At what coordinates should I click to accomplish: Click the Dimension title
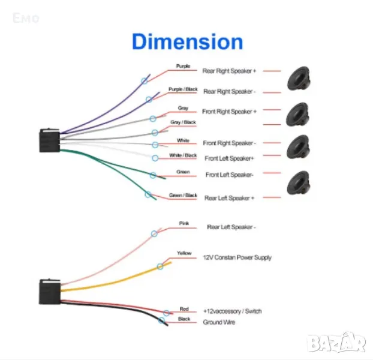[187, 42]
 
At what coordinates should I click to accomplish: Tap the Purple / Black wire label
[183, 89]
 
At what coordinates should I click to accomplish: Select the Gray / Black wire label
[183, 122]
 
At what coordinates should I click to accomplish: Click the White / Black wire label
[183, 155]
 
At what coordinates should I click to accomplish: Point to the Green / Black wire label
[183, 195]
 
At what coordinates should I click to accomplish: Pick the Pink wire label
[184, 223]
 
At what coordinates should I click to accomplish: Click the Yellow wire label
[184, 253]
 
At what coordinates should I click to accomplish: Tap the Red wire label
[184, 309]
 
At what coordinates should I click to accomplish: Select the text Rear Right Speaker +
[229, 71]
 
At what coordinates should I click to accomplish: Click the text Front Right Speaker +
[230, 112]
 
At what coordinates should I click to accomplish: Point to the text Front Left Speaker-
[230, 175]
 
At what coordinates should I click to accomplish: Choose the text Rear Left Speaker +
[230, 198]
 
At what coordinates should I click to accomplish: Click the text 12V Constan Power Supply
[237, 257]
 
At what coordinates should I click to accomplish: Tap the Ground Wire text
[219, 323]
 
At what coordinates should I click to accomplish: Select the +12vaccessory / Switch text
[232, 311]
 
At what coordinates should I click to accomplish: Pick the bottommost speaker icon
[297, 182]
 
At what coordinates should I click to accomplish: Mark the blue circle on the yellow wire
[160, 266]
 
